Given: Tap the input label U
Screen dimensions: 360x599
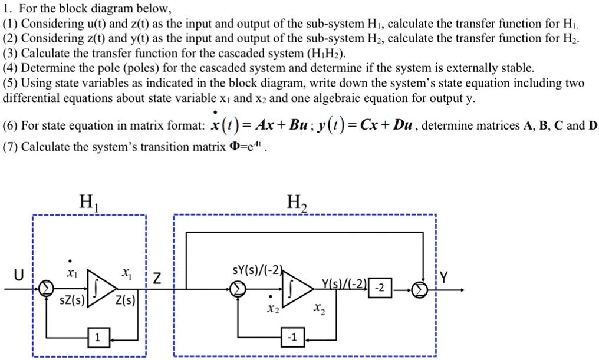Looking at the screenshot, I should coord(19,275).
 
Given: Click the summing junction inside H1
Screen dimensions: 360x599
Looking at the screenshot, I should coord(45,289).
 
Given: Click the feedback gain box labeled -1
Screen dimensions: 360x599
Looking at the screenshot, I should coord(291,338).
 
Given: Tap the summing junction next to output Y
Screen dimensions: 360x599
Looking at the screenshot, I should coord(419,289).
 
